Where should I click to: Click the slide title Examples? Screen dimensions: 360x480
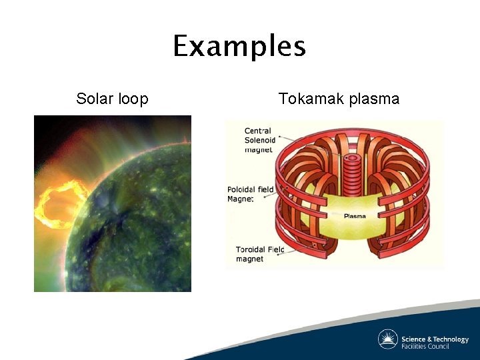(239, 47)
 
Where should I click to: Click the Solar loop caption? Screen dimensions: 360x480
(112, 99)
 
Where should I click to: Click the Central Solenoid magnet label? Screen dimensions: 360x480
(259, 140)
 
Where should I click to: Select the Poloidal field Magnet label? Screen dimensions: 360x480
(250, 194)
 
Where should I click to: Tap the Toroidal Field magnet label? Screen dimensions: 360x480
(259, 254)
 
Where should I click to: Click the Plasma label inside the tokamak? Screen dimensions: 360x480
(354, 216)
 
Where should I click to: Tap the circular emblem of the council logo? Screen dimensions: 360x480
(387, 339)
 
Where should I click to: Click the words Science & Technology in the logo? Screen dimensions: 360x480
(435, 339)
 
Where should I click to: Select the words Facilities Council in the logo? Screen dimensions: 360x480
(425, 346)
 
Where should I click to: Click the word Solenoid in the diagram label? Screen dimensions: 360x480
(260, 140)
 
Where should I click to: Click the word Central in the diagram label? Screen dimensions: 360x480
(257, 131)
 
